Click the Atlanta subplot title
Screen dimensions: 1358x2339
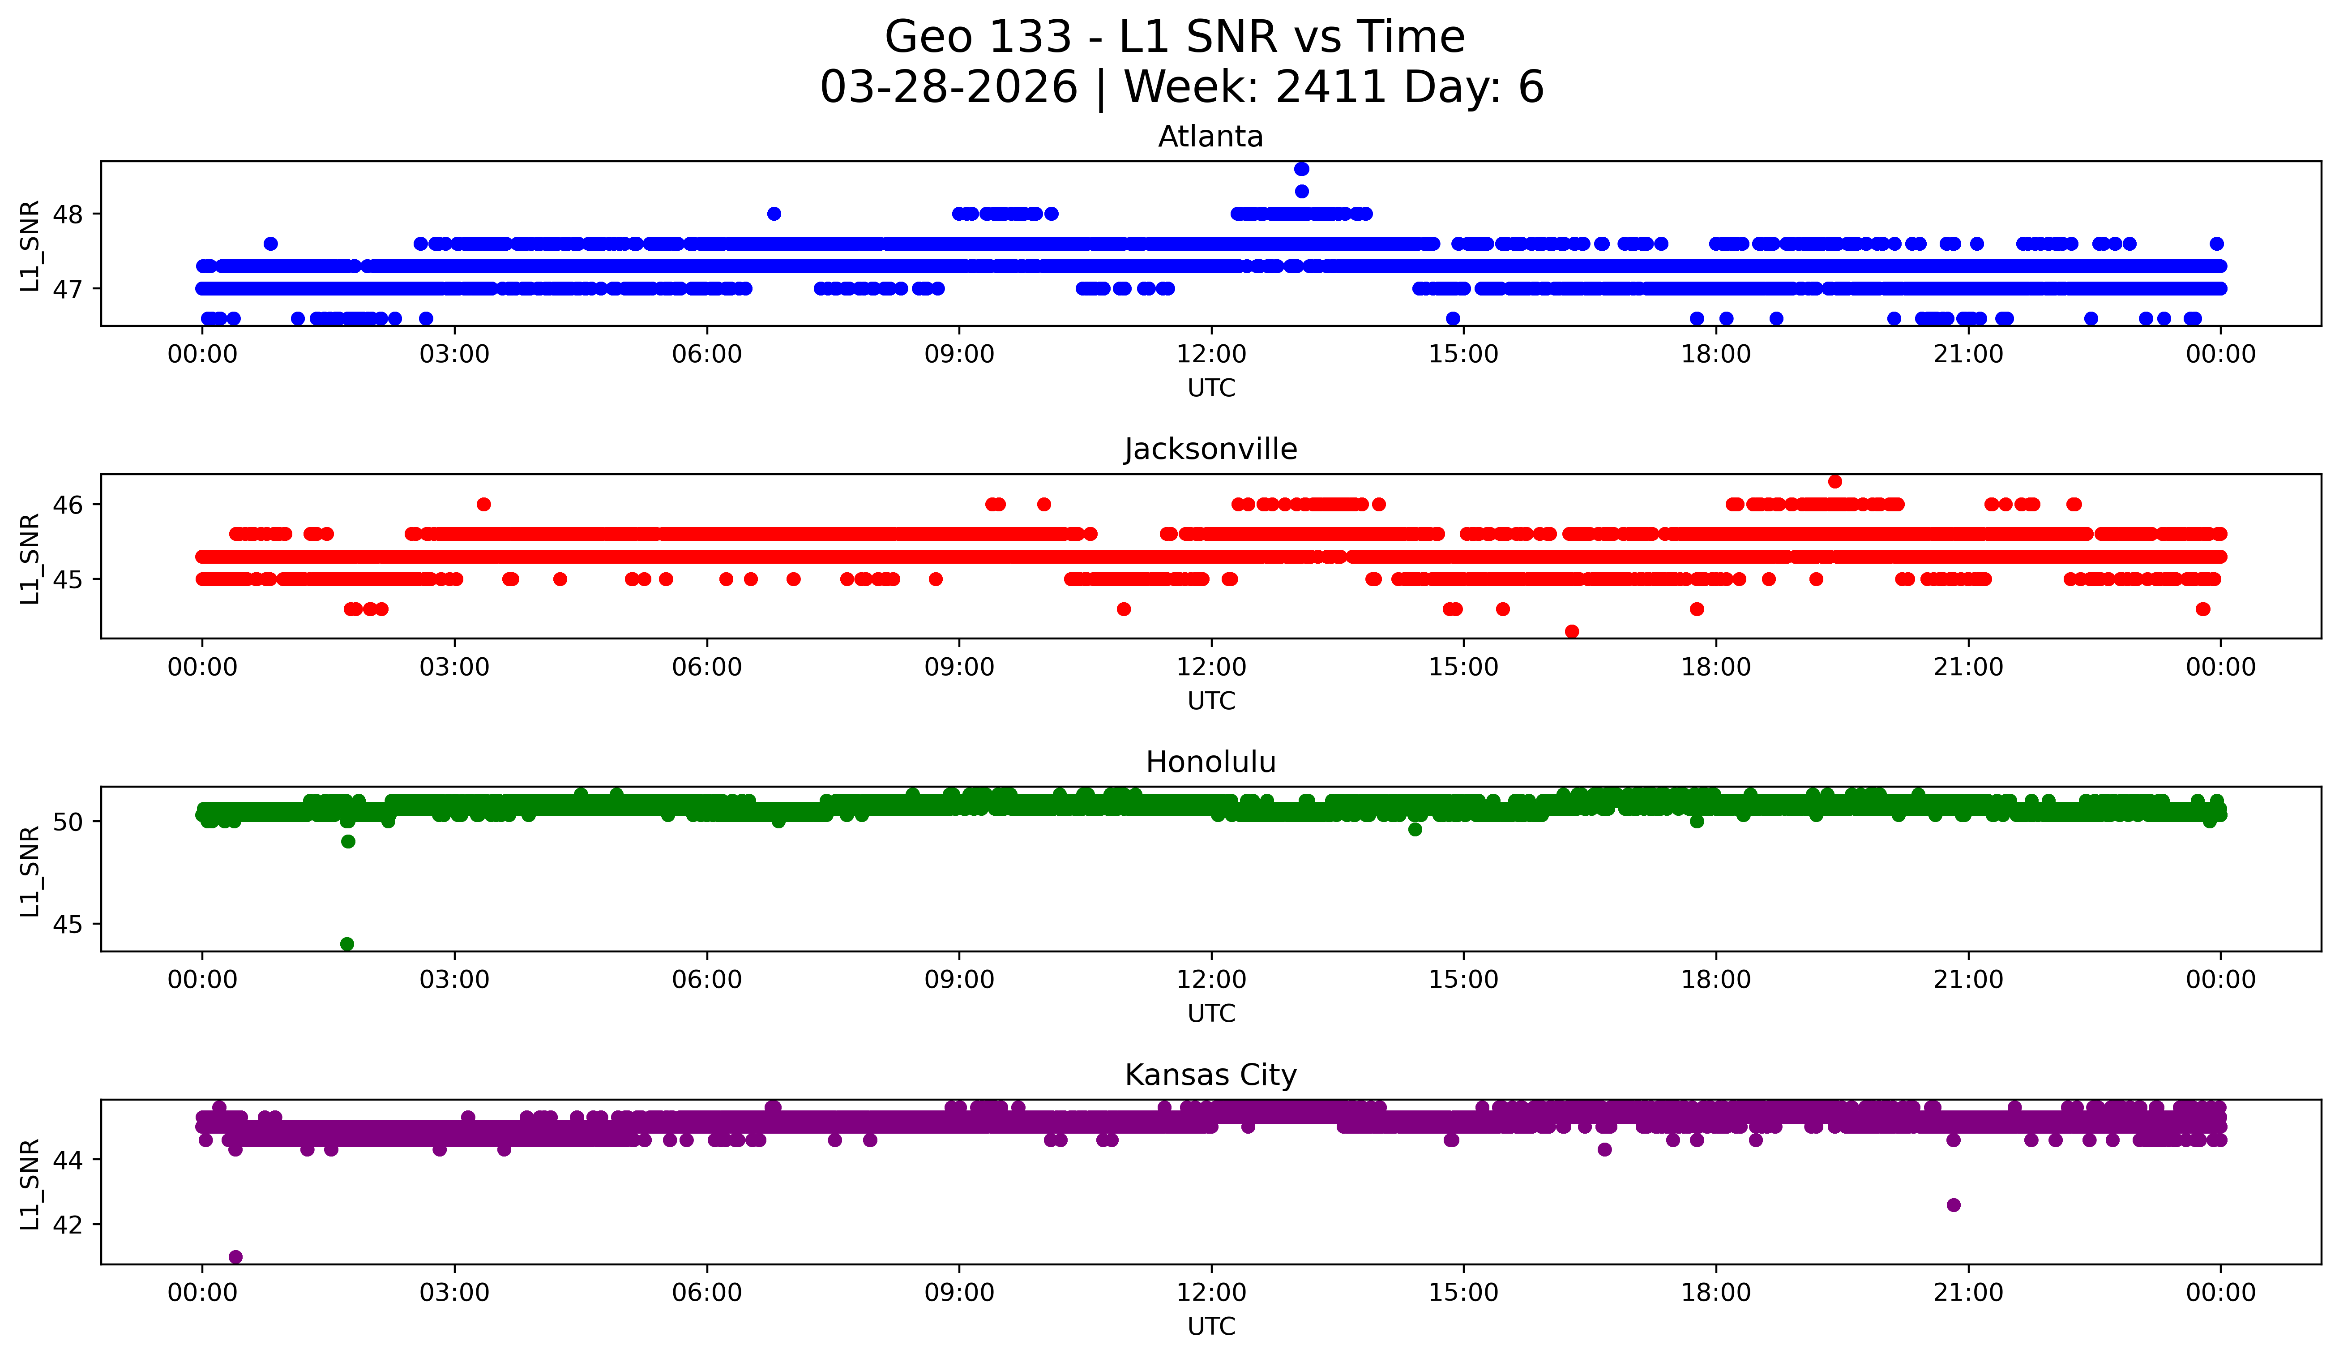point(1210,137)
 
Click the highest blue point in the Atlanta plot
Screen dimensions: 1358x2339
point(1301,169)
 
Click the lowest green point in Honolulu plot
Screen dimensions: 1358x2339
point(347,944)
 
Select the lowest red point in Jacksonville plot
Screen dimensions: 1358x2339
point(1571,631)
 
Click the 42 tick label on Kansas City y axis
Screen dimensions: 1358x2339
point(68,1224)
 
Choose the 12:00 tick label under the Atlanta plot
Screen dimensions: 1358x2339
point(1211,355)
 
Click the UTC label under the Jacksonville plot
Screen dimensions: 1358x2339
point(1211,701)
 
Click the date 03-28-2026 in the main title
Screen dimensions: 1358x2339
point(949,87)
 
